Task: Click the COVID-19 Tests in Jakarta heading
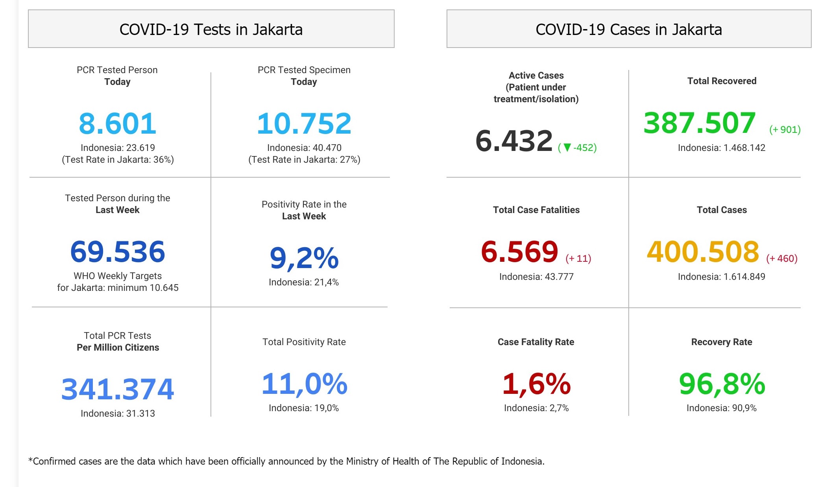pos(211,29)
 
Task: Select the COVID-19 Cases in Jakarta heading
pos(628,29)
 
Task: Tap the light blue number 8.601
pos(117,123)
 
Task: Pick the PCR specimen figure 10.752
pos(304,123)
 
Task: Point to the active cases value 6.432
pos(514,141)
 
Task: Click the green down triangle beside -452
pos(567,147)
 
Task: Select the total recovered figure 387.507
pos(700,123)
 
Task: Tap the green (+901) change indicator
pos(785,129)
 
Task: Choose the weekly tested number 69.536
pos(117,252)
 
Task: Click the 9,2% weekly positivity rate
pos(304,258)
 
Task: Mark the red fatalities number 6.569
pos(519,252)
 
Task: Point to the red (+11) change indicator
pos(578,258)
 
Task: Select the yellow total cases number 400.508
pos(703,252)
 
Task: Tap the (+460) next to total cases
pos(781,258)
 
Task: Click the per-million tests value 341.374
pos(117,389)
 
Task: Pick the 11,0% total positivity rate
pos(304,384)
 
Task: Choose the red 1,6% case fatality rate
pos(536,384)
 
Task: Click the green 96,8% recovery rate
pos(722,384)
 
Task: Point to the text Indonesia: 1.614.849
pos(721,277)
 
